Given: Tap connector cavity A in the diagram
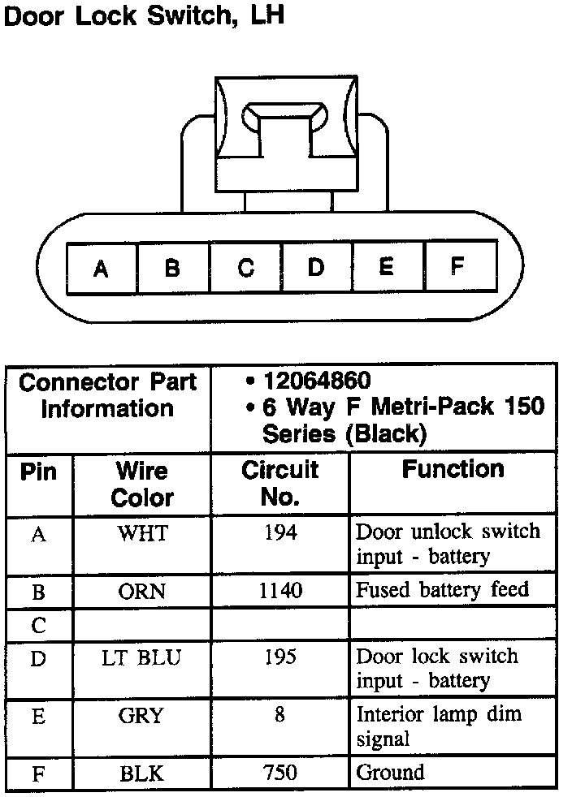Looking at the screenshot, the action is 102,268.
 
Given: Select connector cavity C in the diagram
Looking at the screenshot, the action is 245,267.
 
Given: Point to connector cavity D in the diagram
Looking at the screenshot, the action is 316,266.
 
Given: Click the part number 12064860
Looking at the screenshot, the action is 317,380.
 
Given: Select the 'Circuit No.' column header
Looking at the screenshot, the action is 280,484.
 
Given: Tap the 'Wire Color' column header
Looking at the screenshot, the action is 142,484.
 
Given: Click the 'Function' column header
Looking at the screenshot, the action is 453,470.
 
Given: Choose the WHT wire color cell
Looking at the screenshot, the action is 142,533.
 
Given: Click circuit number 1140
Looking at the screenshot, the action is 280,591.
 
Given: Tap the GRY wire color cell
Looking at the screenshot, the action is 142,717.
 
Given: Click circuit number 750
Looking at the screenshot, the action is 280,773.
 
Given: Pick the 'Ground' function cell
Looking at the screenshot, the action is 391,773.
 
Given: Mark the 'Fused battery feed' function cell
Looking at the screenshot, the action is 443,590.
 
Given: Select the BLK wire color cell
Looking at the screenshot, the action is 142,773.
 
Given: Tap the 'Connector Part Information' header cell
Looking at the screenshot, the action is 108,395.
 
